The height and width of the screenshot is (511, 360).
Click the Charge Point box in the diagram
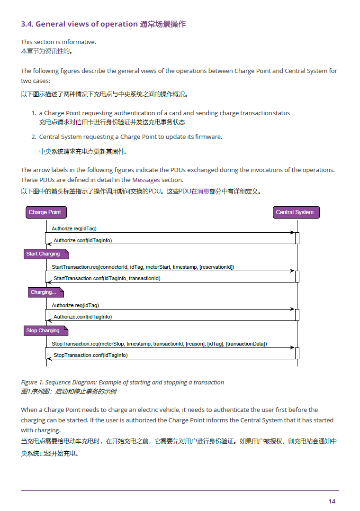(x=45, y=212)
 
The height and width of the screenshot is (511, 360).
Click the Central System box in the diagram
(x=296, y=212)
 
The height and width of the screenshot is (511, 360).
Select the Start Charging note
(x=43, y=254)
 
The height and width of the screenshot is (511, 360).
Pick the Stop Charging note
(x=43, y=331)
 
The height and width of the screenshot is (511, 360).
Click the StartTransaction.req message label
(x=143, y=267)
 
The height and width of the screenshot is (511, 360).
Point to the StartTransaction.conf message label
(x=107, y=279)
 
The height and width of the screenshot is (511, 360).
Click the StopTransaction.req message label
(x=159, y=344)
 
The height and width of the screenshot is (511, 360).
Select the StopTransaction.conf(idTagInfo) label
(x=90, y=355)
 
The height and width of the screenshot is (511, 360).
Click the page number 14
(x=332, y=502)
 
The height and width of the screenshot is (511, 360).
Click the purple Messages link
(x=146, y=180)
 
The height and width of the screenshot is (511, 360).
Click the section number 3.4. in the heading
(x=27, y=24)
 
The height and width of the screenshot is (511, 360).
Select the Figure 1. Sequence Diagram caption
(x=122, y=382)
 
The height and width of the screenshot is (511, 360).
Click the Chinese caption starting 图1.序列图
(x=68, y=392)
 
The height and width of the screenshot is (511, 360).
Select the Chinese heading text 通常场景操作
(x=163, y=24)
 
